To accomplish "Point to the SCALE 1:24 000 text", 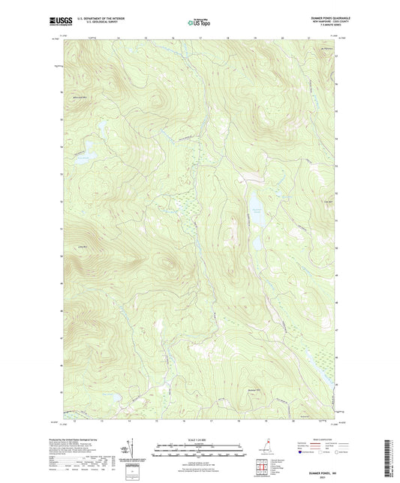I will [x=199, y=439].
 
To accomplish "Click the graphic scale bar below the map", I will [x=199, y=451].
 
